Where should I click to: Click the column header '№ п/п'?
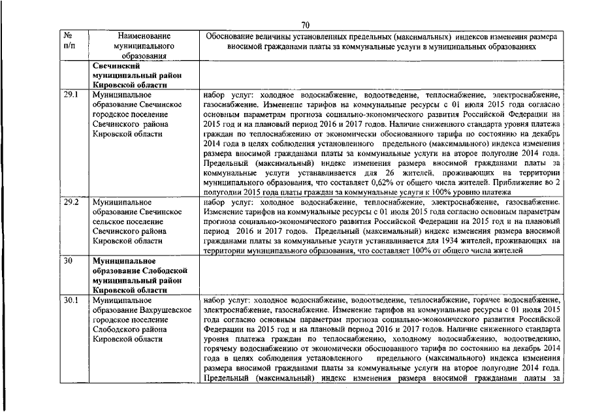(69, 42)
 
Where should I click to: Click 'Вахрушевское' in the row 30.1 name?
(164, 310)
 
